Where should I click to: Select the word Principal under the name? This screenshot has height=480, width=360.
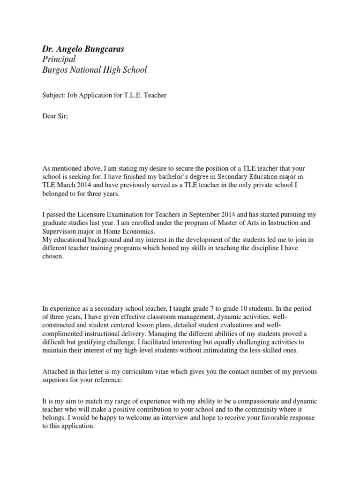point(59,59)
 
